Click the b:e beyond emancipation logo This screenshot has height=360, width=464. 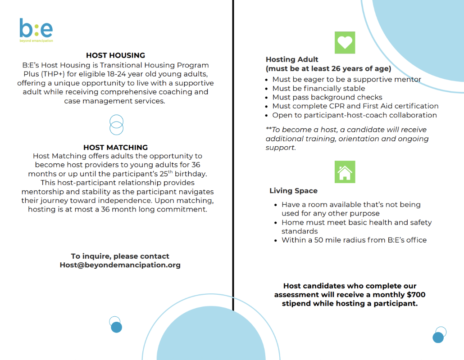pyautogui.click(x=36, y=30)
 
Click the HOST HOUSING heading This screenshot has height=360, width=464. pyautogui.click(x=115, y=55)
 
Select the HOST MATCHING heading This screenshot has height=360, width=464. pyautogui.click(x=115, y=147)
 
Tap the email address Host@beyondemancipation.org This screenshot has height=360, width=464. pyautogui.click(x=120, y=265)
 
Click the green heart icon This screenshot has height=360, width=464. pyautogui.click(x=345, y=43)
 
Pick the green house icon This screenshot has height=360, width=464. pyautogui.click(x=345, y=172)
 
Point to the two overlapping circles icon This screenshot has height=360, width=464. pyautogui.click(x=116, y=125)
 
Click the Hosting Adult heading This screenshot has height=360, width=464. pyautogui.click(x=292, y=59)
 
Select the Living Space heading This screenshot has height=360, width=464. pyautogui.click(x=293, y=191)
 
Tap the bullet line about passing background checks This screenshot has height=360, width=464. pyautogui.click(x=327, y=97)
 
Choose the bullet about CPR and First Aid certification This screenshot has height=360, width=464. pyautogui.click(x=355, y=106)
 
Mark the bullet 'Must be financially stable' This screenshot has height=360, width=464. pyautogui.click(x=318, y=88)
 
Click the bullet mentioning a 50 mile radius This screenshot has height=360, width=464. pyautogui.click(x=354, y=240)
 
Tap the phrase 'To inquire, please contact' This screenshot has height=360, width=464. pyautogui.click(x=120, y=256)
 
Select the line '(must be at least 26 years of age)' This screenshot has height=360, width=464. pyautogui.click(x=328, y=69)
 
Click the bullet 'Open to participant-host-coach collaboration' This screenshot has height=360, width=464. pyautogui.click(x=355, y=115)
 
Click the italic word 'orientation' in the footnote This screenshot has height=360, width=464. pyautogui.click(x=359, y=139)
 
